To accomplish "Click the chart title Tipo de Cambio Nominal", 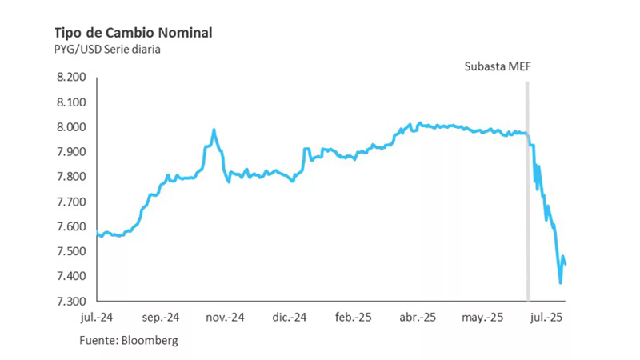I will tap(133, 33).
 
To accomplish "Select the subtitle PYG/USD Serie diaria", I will tap(107, 50).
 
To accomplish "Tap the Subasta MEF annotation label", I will tap(498, 66).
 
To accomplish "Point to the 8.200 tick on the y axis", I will tap(72, 77).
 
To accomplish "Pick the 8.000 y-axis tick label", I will tap(72, 127).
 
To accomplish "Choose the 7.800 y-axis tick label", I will tap(72, 176).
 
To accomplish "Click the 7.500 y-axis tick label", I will tap(72, 251).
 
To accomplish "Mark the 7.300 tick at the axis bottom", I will tap(72, 301).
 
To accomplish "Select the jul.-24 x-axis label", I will tap(97, 318).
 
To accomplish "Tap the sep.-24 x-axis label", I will tap(161, 318).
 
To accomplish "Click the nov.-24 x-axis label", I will tap(225, 318).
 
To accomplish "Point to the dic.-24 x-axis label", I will tap(289, 318).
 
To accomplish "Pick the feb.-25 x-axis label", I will tap(353, 318).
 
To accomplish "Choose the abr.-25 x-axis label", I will tap(417, 318).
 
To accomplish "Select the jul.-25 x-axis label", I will tap(546, 318).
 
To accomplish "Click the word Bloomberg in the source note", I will tap(149, 340).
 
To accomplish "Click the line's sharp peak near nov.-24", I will tap(214, 130).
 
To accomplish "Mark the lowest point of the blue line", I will tap(560, 283).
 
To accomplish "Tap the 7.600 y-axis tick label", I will tap(72, 226).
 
